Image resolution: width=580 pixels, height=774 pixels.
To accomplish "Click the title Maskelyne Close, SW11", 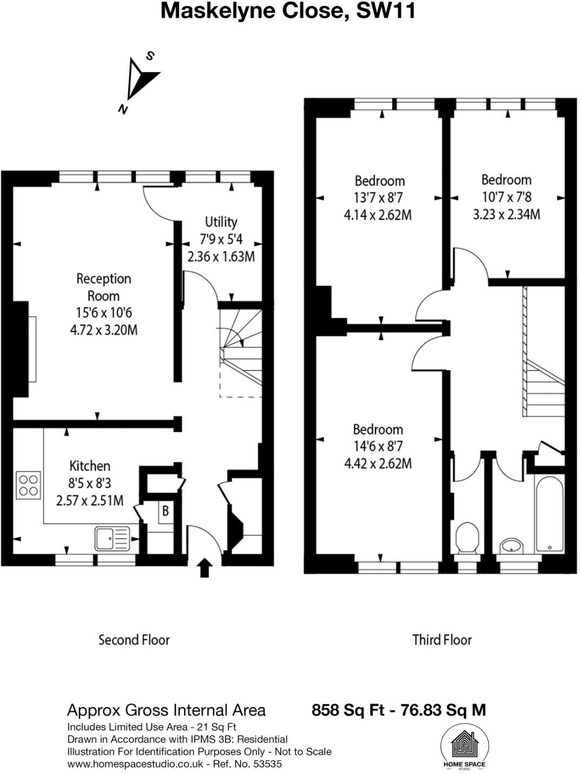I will (x=288, y=11).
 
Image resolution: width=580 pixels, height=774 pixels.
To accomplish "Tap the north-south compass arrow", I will (x=140, y=81).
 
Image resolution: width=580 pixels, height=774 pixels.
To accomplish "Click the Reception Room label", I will (x=103, y=287).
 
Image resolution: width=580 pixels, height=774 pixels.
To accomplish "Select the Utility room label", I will (x=221, y=222).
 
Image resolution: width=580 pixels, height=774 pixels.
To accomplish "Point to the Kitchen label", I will (x=90, y=465).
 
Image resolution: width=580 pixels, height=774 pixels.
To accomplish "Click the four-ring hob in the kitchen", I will (x=28, y=485).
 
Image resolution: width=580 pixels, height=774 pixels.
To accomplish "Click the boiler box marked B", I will (x=166, y=510).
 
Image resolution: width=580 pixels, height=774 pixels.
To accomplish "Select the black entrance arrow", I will (x=204, y=568).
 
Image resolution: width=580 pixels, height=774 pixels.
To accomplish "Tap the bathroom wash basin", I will (x=511, y=545).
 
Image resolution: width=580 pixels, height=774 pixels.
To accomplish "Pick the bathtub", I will (x=549, y=514).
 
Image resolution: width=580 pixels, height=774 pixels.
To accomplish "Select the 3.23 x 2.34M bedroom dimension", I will (x=506, y=214).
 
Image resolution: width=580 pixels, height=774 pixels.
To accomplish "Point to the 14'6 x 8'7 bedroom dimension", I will (x=378, y=446).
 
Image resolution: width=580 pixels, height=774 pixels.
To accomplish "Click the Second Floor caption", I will (x=134, y=640).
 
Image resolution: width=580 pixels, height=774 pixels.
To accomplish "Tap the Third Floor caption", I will (x=442, y=640).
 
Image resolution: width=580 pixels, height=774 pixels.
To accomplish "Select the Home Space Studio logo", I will (x=464, y=746).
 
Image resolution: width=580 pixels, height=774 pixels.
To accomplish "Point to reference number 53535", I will (x=267, y=764).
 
